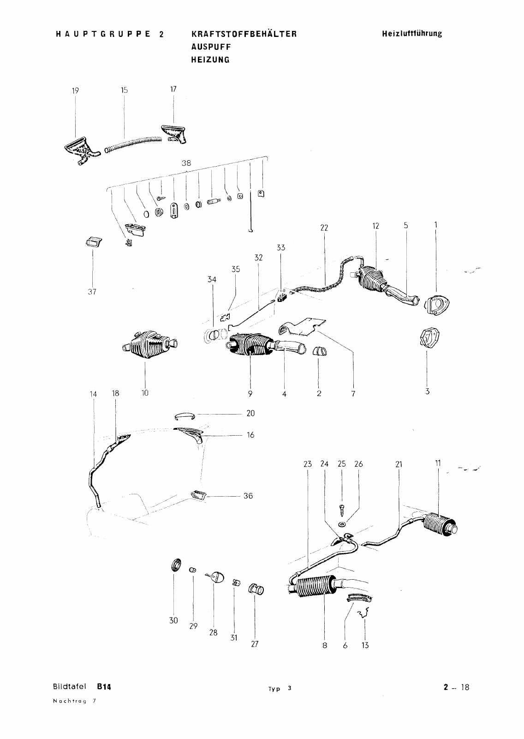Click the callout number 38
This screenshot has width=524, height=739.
point(186,162)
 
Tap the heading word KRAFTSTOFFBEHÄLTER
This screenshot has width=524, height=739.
point(244,34)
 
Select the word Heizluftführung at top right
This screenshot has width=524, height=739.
point(411,34)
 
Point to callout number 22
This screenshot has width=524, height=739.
point(324,227)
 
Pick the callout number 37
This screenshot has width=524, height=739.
point(92,292)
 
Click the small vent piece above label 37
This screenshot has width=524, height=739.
point(93,242)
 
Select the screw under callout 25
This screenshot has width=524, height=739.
point(341,510)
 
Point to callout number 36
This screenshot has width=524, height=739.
point(248,496)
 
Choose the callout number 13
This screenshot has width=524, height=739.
point(365,645)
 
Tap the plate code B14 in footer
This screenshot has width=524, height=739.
point(105,686)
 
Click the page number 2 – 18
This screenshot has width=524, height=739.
point(456,687)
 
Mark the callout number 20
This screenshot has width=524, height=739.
point(250,413)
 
